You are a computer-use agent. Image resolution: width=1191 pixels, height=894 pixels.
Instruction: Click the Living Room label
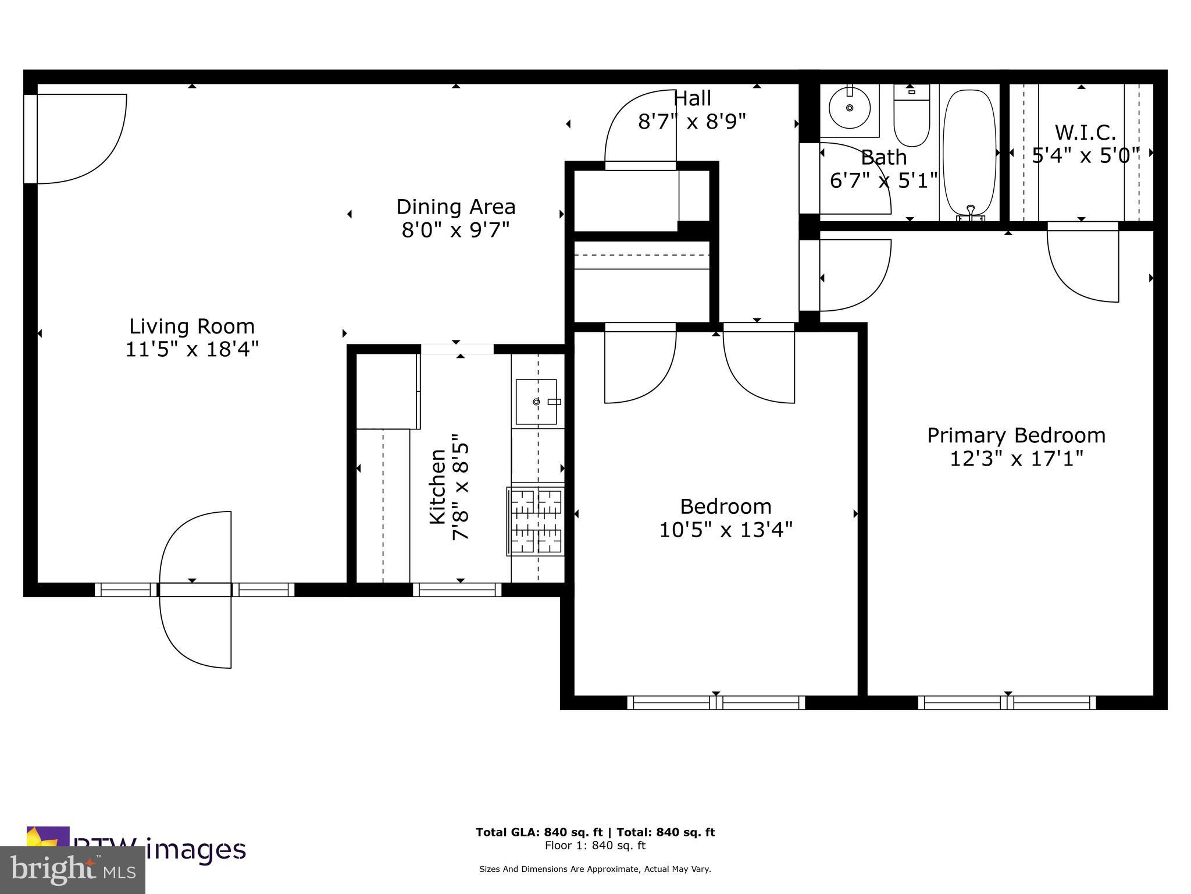click(x=192, y=326)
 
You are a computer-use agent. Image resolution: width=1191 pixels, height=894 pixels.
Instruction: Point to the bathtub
click(x=969, y=154)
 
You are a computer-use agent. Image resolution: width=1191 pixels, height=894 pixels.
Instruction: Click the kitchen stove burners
click(x=536, y=521)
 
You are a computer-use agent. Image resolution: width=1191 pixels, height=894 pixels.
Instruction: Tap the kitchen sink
click(x=536, y=402)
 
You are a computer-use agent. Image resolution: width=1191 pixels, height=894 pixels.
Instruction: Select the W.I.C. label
click(x=1085, y=133)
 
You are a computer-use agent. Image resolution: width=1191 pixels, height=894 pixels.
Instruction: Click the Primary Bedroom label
click(x=1016, y=435)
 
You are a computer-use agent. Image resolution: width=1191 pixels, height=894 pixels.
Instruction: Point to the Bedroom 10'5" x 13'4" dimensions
click(x=726, y=530)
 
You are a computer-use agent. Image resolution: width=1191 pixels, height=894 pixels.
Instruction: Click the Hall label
click(x=692, y=98)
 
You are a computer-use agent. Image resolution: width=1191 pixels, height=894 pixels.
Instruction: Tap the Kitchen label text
click(x=437, y=486)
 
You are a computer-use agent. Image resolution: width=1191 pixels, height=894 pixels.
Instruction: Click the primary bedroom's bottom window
click(x=1007, y=703)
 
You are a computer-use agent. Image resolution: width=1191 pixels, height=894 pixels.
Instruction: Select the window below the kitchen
click(x=457, y=590)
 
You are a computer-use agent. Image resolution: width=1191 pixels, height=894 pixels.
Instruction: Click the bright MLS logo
click(x=72, y=870)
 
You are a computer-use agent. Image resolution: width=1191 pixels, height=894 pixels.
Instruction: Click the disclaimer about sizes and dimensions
click(x=595, y=869)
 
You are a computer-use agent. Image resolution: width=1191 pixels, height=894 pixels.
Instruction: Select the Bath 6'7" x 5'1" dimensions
click(x=883, y=180)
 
